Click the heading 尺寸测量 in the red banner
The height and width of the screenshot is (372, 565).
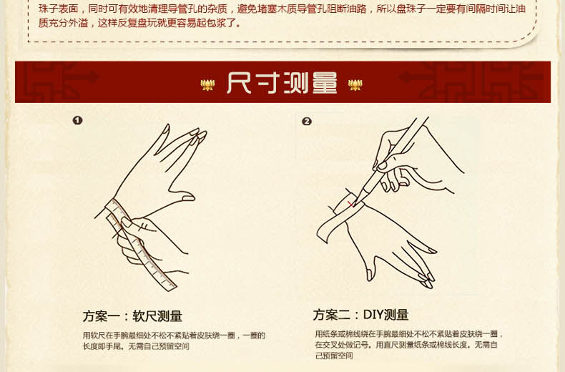point(282,83)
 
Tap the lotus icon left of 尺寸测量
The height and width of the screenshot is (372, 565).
point(208,84)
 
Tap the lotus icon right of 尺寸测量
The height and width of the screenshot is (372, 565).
point(355,84)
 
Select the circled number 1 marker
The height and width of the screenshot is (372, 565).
point(77,120)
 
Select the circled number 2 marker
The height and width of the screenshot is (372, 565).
point(307,121)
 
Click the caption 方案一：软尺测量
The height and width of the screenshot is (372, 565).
point(132,316)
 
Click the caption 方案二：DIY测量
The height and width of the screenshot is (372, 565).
point(360,315)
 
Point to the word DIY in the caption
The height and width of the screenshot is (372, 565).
point(374,315)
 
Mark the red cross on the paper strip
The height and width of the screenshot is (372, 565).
point(351,204)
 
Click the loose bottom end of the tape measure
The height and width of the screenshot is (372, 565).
point(172,288)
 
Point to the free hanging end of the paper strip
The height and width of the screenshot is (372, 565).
point(321,236)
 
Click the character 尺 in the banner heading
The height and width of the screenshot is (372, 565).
point(239,83)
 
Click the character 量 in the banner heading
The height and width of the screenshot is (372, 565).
point(324,83)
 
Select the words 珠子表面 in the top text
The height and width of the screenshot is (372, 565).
point(55,8)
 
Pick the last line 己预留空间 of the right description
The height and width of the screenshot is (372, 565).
point(334,355)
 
